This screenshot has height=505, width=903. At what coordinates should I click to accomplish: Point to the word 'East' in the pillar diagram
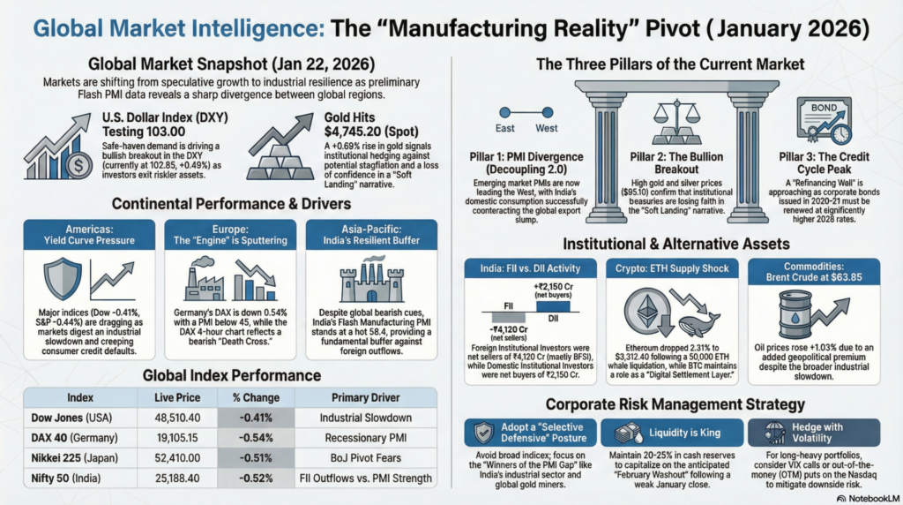tap(505, 128)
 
